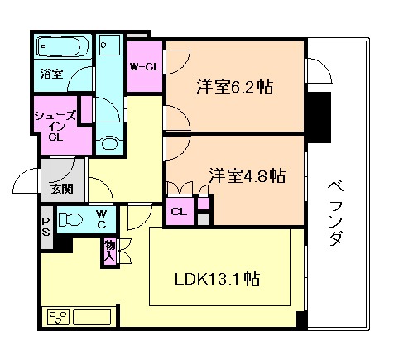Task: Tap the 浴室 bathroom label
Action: pyautogui.click(x=51, y=74)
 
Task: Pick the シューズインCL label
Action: pyautogui.click(x=56, y=126)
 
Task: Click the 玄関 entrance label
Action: pyautogui.click(x=61, y=189)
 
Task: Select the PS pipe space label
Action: pyautogui.click(x=46, y=225)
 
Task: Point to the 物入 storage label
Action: pyautogui.click(x=109, y=251)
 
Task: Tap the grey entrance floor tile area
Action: pyautogui.click(x=63, y=170)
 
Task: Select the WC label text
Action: pyautogui.click(x=99, y=218)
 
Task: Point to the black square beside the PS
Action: pyautogui.click(x=63, y=244)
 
